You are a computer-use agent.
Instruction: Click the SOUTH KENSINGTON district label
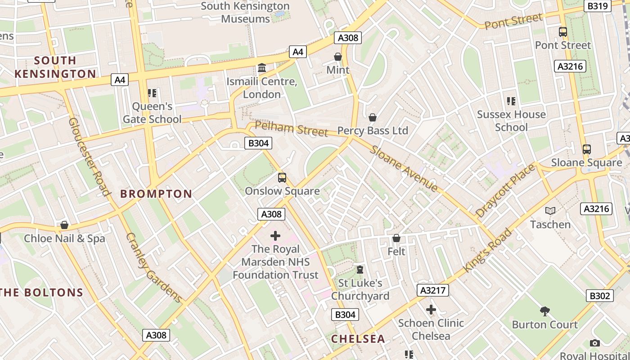[55, 67]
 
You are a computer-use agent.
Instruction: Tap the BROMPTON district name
[156, 194]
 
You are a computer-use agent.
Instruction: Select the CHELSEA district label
[358, 339]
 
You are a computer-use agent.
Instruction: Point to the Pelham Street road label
[291, 128]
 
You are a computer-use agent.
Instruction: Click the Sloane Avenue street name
[404, 168]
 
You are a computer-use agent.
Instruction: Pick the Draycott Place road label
[505, 191]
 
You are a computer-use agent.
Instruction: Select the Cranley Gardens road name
[153, 268]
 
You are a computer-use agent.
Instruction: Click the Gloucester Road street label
[90, 157]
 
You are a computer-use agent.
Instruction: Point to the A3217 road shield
[433, 290]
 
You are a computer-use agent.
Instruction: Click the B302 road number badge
[600, 296]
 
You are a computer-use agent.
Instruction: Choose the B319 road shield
[598, 6]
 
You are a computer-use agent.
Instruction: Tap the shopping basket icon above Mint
[338, 57]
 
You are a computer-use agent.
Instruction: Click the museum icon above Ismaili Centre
[261, 68]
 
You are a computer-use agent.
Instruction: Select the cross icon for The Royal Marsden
[275, 235]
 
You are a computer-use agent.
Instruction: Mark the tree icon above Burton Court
[545, 311]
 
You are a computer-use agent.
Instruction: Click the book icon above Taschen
[550, 211]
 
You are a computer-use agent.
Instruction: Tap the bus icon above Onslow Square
[282, 177]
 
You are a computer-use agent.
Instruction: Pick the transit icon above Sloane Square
[586, 149]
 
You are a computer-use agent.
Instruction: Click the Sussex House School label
[511, 121]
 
